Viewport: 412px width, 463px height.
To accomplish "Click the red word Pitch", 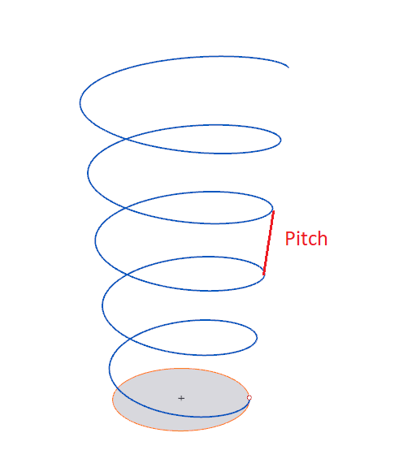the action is (306, 239).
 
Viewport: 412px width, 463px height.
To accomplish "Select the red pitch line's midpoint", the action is (268, 243).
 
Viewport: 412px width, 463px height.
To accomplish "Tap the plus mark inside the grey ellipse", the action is (181, 398).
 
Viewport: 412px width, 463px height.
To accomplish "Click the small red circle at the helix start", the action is (249, 398).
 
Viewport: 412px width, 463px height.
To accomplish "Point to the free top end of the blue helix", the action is (288, 67).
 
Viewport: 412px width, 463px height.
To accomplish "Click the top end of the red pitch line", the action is (274, 211).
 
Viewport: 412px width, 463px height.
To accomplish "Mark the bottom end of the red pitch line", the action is (264, 275).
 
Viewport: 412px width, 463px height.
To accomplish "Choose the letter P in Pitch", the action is (290, 239).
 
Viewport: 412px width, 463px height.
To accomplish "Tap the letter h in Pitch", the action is (323, 239).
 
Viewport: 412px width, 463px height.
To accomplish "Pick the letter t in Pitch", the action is (305, 239).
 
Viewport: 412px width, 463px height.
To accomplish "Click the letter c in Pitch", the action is (312, 240).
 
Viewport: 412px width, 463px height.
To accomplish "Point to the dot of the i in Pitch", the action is (298, 232).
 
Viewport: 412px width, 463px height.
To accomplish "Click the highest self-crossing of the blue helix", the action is (127, 138).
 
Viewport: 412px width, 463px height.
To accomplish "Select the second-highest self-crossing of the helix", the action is (126, 208).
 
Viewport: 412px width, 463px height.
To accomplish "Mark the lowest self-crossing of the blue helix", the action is (130, 339).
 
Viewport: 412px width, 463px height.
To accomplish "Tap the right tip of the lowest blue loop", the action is (257, 337).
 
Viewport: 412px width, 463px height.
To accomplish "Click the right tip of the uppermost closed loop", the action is (280, 140).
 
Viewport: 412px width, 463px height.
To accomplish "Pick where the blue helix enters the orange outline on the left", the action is (118, 387).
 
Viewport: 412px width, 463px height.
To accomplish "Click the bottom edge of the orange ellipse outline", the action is (180, 431).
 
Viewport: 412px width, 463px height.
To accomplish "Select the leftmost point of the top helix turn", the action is (80, 103).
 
